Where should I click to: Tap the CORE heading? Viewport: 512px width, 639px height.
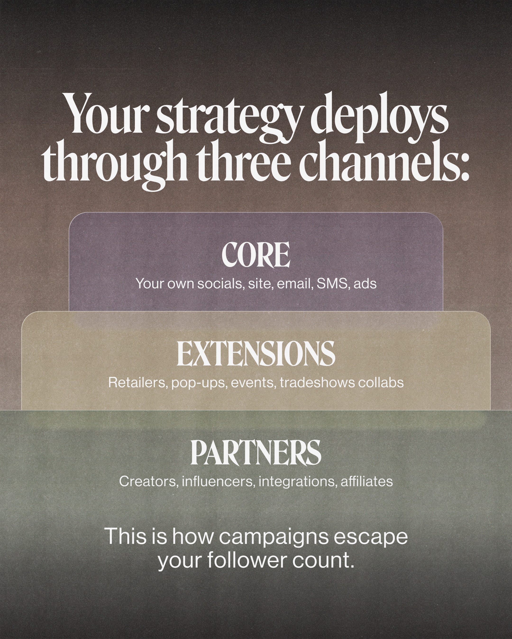pyautogui.click(x=256, y=255)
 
